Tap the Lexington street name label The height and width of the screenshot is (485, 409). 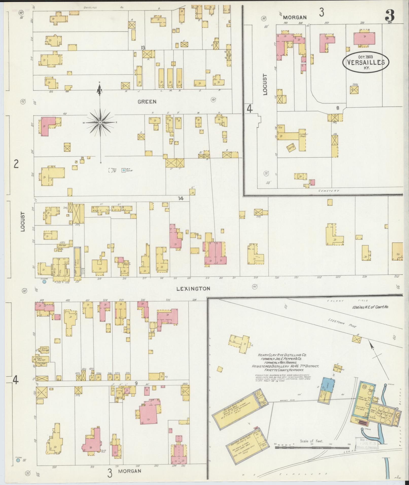(196, 289)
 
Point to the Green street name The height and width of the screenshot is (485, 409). (147, 102)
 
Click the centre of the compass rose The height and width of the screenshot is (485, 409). (100, 123)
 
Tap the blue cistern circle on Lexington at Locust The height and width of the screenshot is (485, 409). (44, 281)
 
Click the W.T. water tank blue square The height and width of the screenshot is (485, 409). (123, 171)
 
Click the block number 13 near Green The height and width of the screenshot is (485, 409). (143, 47)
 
